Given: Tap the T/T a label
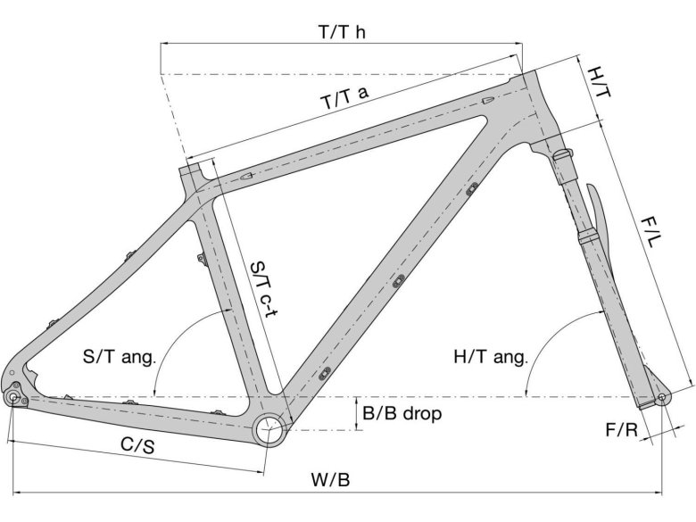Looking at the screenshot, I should (344, 98).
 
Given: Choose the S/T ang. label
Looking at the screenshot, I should (120, 358).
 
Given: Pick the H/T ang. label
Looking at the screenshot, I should (491, 358).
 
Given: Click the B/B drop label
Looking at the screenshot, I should (402, 414).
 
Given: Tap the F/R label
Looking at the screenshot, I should (621, 430).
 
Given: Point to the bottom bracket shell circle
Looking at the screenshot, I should (269, 429).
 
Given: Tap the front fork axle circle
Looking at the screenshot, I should (661, 396).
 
